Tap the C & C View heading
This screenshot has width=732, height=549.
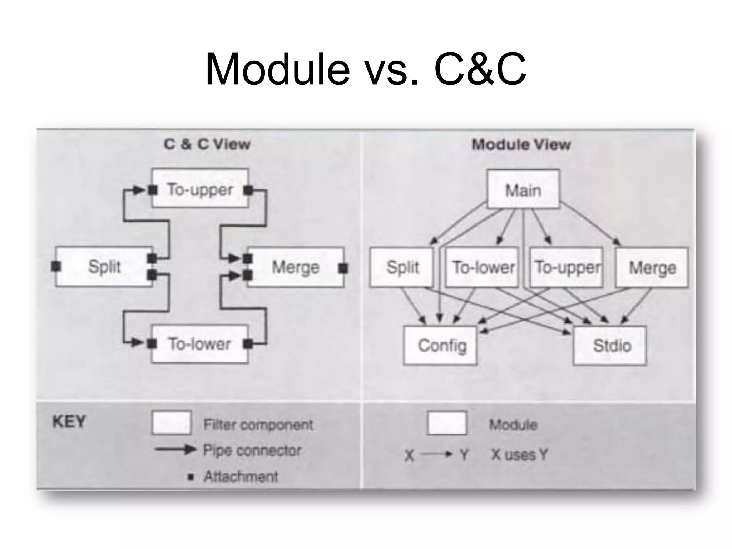[x=207, y=144]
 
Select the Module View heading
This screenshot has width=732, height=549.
[x=521, y=145]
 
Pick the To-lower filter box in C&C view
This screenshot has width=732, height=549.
[x=200, y=344]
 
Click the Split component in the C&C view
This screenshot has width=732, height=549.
[x=104, y=267]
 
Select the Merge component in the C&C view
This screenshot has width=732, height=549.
[x=295, y=267]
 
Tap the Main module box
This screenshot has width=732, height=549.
[x=523, y=190]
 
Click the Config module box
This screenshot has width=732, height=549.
[x=440, y=345]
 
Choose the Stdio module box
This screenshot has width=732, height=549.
[x=610, y=345]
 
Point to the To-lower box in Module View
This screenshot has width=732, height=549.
[x=482, y=267]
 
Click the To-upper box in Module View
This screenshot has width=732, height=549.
[x=567, y=267]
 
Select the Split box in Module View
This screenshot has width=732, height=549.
[x=402, y=267]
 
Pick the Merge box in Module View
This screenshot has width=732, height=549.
[x=652, y=267]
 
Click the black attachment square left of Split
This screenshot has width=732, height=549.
[x=56, y=266]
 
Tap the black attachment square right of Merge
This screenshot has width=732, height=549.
[x=343, y=268]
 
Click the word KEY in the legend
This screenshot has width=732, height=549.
[x=69, y=422]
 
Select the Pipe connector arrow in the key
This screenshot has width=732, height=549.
[x=175, y=449]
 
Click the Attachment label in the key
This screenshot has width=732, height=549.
[x=241, y=476]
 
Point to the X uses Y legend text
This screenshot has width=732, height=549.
[x=519, y=455]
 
